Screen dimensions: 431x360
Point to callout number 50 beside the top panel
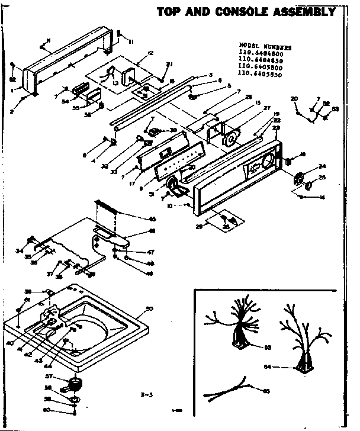[149, 308]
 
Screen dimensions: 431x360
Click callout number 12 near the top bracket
[151, 53]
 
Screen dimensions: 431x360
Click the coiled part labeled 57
[75, 385]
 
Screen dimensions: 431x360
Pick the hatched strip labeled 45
[106, 207]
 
